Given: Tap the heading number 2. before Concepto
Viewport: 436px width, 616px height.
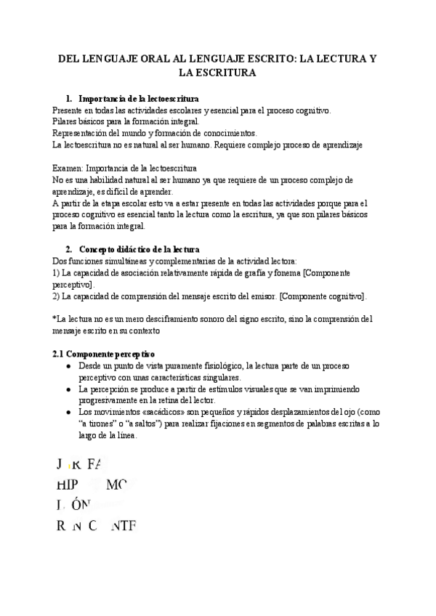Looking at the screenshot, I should pos(68,249).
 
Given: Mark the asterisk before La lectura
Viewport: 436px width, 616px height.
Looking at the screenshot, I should pos(54,319).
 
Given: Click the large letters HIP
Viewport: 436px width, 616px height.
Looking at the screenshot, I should pos(67,485).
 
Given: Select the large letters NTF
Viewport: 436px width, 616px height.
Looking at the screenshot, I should pos(122,526).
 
